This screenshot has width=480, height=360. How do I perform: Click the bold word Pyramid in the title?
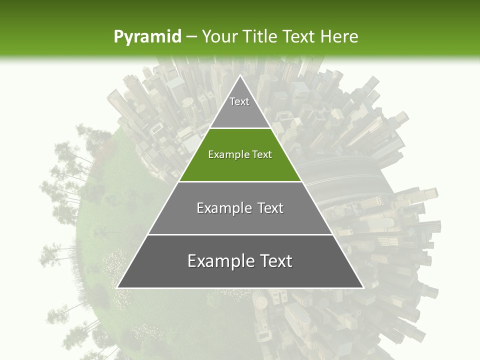[147, 36]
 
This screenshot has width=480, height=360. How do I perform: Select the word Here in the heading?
[339, 36]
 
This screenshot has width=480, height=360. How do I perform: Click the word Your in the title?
[219, 36]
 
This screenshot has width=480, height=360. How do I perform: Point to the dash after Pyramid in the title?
[191, 37]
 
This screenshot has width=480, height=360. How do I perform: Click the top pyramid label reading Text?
[239, 101]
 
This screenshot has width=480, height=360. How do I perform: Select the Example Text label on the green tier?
[240, 154]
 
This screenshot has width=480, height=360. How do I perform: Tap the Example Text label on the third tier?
[240, 208]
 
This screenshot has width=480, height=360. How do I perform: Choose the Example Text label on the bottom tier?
[240, 261]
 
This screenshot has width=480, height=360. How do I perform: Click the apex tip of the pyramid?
[240, 76]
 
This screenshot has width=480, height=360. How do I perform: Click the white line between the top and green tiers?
[240, 128]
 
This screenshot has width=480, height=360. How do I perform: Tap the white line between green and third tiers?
[240, 181]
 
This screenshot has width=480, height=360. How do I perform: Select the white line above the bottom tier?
[240, 234]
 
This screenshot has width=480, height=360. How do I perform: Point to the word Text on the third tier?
[270, 208]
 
